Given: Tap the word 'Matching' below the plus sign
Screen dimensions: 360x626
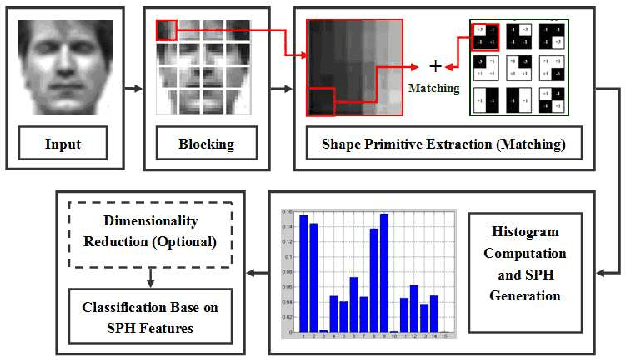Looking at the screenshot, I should [434, 88].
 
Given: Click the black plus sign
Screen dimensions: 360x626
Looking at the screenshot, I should [435, 66].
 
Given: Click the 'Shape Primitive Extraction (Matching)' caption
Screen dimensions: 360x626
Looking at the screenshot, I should [443, 145].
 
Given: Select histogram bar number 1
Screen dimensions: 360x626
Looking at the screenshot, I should [303, 273].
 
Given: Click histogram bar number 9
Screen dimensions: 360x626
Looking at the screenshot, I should [384, 273].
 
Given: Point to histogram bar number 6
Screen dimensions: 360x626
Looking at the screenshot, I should [354, 304].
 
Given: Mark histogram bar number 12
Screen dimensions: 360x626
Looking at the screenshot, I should [414, 309].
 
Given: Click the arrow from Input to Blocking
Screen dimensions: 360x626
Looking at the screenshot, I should [133, 89].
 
